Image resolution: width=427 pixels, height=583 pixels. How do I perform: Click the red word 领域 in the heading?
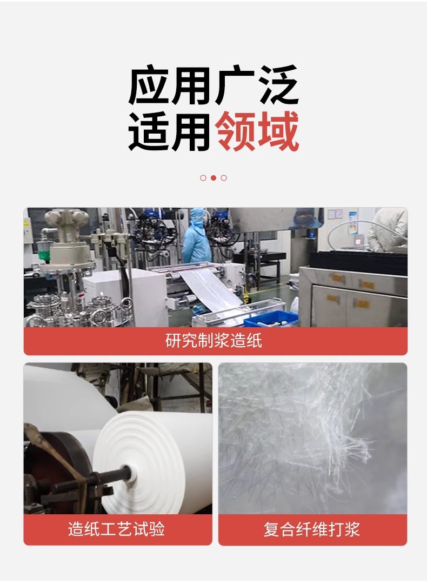257,131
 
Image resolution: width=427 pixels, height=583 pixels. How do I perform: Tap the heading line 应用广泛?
213,85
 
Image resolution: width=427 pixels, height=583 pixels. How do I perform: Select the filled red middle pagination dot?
213,178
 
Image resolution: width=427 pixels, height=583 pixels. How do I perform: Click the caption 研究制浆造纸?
213,341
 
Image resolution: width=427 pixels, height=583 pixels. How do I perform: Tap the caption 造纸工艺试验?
116,529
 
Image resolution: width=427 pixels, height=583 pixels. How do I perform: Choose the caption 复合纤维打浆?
312,529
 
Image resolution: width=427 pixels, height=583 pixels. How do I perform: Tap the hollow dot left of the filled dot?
203,178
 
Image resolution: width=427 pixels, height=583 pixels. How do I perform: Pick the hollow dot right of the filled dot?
224,178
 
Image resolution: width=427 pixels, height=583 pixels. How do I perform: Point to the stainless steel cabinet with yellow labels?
353,296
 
